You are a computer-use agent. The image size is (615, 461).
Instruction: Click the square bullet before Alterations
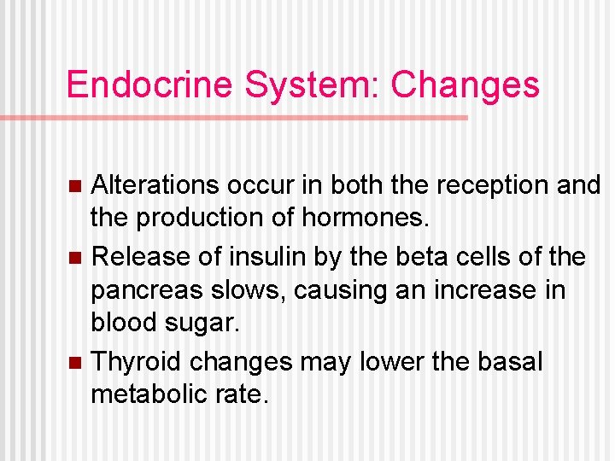point(75,184)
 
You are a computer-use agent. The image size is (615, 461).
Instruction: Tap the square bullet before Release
point(75,256)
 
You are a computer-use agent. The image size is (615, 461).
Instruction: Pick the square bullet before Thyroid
point(75,362)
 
